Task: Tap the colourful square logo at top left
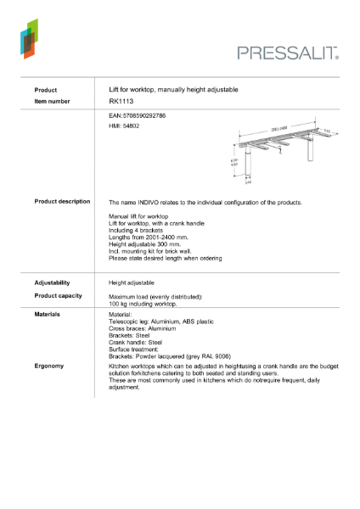[x=29, y=38]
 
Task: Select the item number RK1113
[x=121, y=101]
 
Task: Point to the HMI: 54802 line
[x=125, y=126]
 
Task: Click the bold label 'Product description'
[x=62, y=202]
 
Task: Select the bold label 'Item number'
[x=52, y=101]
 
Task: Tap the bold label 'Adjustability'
[x=52, y=282]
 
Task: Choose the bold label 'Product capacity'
[x=58, y=295]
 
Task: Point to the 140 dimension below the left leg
[x=248, y=182]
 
